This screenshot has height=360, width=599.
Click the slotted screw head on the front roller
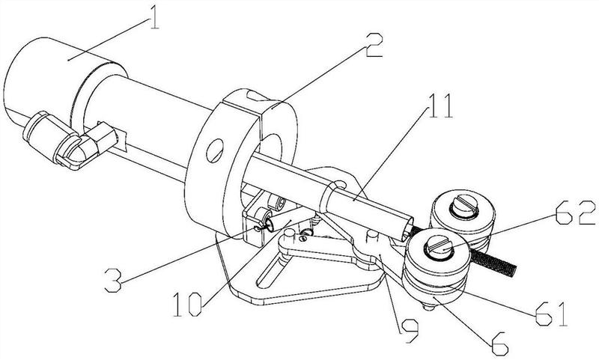click(x=440, y=247)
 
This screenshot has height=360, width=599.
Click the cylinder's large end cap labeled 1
click(x=45, y=82)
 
